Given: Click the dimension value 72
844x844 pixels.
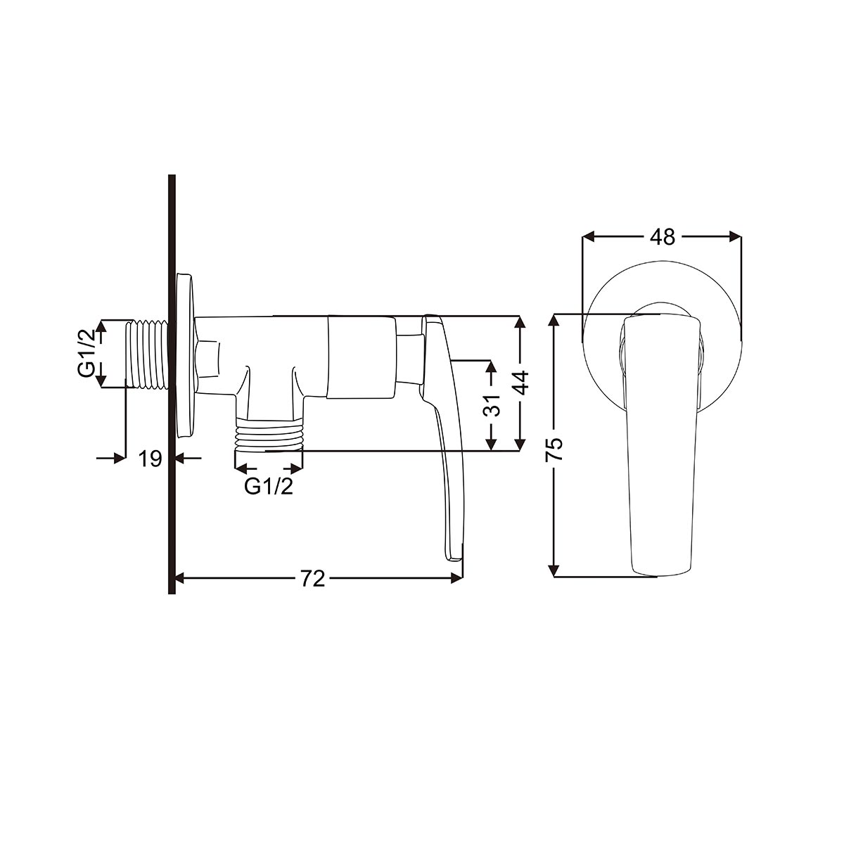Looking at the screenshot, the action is pyautogui.click(x=313, y=579).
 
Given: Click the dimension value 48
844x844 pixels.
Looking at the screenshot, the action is pyautogui.click(x=663, y=237).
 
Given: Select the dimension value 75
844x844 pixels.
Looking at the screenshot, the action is pyautogui.click(x=555, y=449).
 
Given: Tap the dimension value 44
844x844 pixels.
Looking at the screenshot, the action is pyautogui.click(x=521, y=383).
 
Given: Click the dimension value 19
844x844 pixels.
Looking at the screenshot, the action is pyautogui.click(x=151, y=459).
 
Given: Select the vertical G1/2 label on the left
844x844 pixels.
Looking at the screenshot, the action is pyautogui.click(x=87, y=354).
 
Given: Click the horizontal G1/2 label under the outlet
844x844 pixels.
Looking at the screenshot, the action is pyautogui.click(x=269, y=486).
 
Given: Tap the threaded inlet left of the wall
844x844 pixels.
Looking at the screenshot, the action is pyautogui.click(x=147, y=354).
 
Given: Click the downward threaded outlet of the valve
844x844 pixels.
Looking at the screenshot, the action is pyautogui.click(x=269, y=435).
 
